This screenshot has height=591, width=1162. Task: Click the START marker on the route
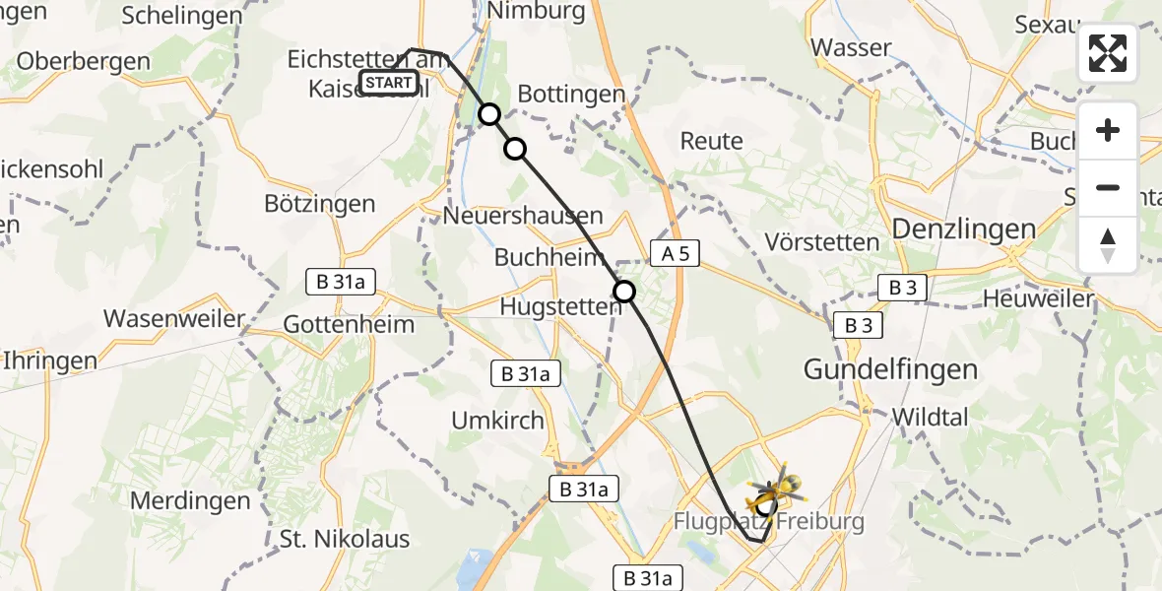coord(388,83)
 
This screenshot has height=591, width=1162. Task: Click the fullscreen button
coord(1108,53)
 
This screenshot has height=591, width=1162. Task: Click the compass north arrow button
coord(1108,245)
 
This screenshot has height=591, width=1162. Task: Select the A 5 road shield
coord(675,254)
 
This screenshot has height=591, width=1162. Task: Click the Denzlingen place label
coord(963,230)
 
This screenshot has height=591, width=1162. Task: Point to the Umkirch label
coord(497,421)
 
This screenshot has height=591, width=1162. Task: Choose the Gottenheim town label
coord(349,324)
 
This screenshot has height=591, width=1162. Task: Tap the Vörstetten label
coord(822,241)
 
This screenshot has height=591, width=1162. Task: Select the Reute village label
coord(711,141)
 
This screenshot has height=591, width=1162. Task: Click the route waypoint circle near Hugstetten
coord(624,292)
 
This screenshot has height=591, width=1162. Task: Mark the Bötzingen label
coord(320,204)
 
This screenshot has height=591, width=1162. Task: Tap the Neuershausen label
coord(523,215)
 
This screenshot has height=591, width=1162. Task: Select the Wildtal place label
coord(930,417)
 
